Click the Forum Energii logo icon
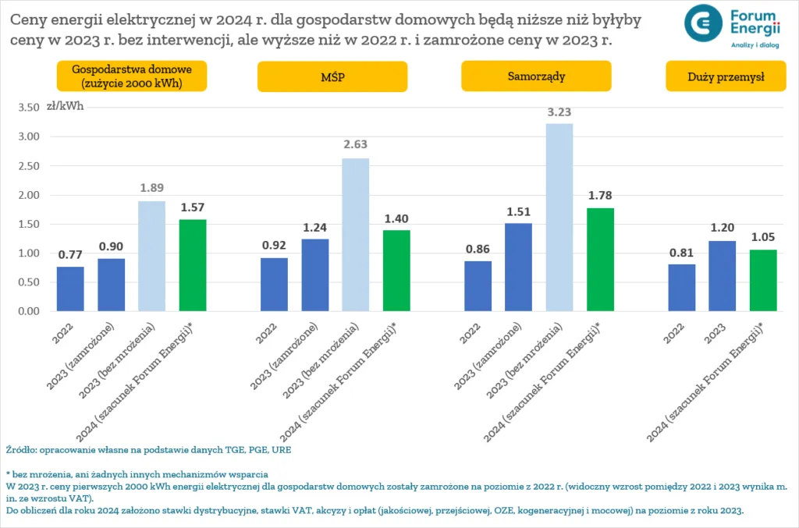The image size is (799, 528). pyautogui.click(x=704, y=23)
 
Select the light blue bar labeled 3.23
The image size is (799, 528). pyautogui.click(x=559, y=218)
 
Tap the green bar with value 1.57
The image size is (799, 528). pyautogui.click(x=192, y=265)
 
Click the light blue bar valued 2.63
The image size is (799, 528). pyautogui.click(x=355, y=235)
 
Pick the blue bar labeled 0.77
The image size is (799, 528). pyautogui.click(x=70, y=289)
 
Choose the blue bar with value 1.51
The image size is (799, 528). pyautogui.click(x=518, y=268)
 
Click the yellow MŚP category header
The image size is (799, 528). pyautogui.click(x=332, y=76)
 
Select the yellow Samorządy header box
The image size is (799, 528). pyautogui.click(x=535, y=76)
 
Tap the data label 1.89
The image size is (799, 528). pyautogui.click(x=151, y=187)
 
